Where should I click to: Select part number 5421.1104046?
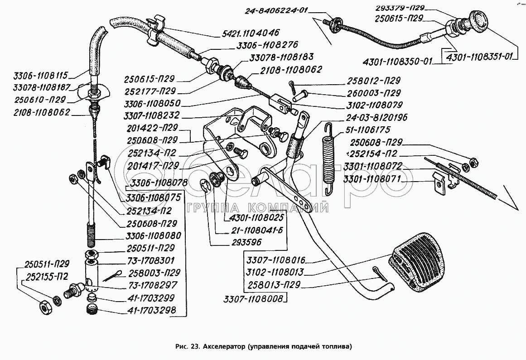(x=251, y=33)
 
